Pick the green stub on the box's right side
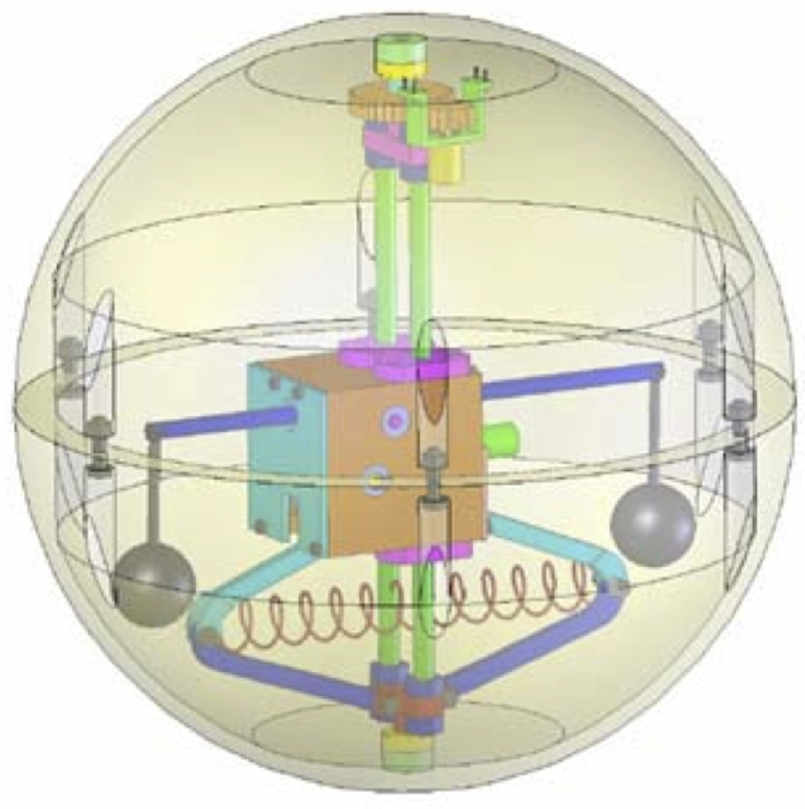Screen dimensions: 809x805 click(x=501, y=435)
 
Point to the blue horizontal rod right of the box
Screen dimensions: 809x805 click(x=574, y=381)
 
